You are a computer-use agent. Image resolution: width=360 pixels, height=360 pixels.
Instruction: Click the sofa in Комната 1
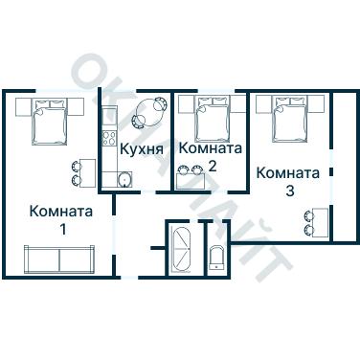click(x=56, y=259)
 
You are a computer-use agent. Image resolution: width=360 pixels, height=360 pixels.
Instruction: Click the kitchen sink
click(x=124, y=179)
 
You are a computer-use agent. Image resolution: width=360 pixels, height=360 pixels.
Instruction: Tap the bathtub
click(x=180, y=249)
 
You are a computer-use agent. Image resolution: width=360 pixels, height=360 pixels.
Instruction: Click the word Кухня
click(x=141, y=149)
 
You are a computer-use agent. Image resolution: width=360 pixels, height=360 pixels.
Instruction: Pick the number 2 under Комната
click(x=212, y=166)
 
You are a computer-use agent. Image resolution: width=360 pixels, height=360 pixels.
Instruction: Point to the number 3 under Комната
click(x=289, y=191)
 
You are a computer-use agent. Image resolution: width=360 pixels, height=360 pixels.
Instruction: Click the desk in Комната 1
click(x=86, y=172)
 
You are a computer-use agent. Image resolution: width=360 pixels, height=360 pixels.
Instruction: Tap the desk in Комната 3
click(x=320, y=222)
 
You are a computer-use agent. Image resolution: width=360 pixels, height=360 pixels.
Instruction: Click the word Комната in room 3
click(x=288, y=173)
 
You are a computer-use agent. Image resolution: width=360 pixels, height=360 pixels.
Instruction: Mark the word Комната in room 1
click(x=61, y=212)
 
